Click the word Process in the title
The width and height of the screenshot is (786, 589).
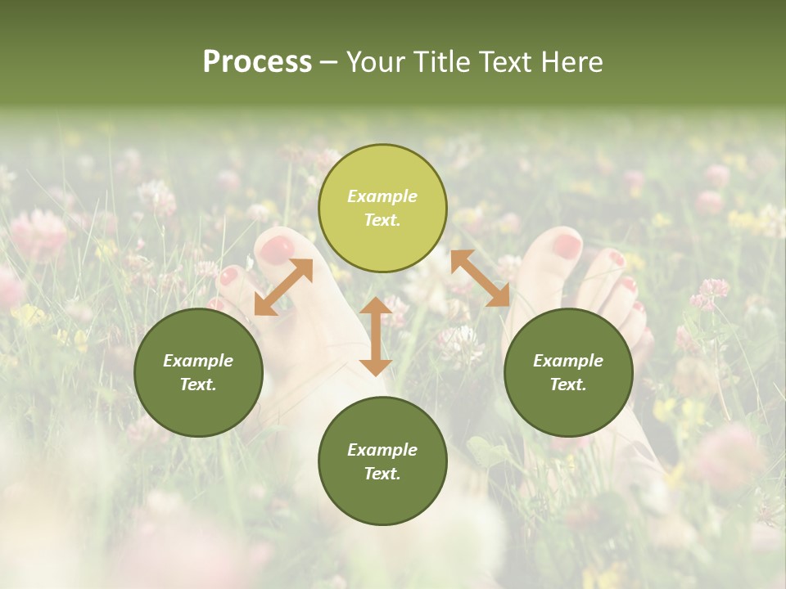point(257,62)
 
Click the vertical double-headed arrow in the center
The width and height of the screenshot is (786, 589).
point(376,336)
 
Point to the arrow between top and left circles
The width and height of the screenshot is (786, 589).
point(283,287)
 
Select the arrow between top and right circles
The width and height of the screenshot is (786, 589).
point(481,278)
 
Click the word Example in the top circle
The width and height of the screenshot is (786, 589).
point(382,196)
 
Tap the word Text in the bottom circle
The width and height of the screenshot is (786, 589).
point(382,474)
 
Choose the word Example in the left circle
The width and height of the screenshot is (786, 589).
point(198,361)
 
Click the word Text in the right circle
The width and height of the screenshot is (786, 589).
point(568,384)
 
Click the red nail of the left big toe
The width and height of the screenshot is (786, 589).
point(277,248)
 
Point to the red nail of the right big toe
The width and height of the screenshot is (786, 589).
point(566,245)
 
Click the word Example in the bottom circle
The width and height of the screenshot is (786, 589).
point(382,450)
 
